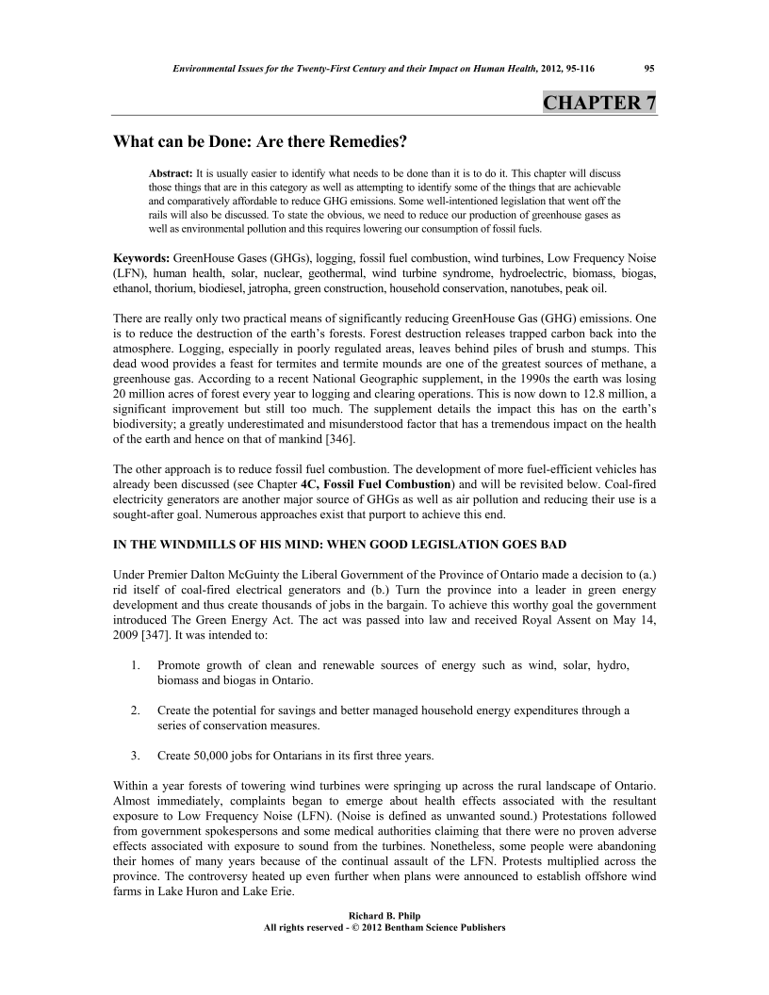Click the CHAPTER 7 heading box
pyautogui.click(x=598, y=103)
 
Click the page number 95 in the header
pyautogui.click(x=649, y=67)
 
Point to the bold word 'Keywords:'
pyautogui.click(x=142, y=257)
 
